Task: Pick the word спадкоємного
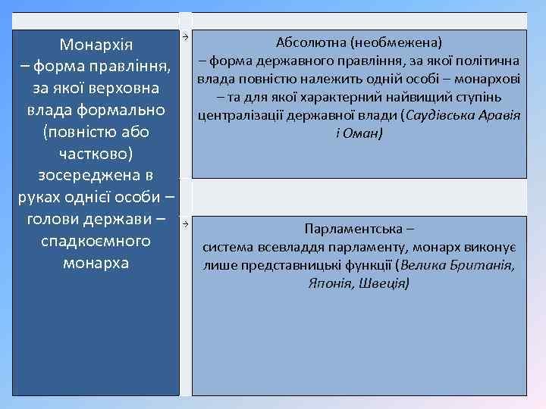tap(96, 242)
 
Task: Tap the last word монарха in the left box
tap(96, 264)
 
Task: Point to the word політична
tap(492, 60)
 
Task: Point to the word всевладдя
tap(287, 247)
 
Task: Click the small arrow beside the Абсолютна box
tap(184, 36)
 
